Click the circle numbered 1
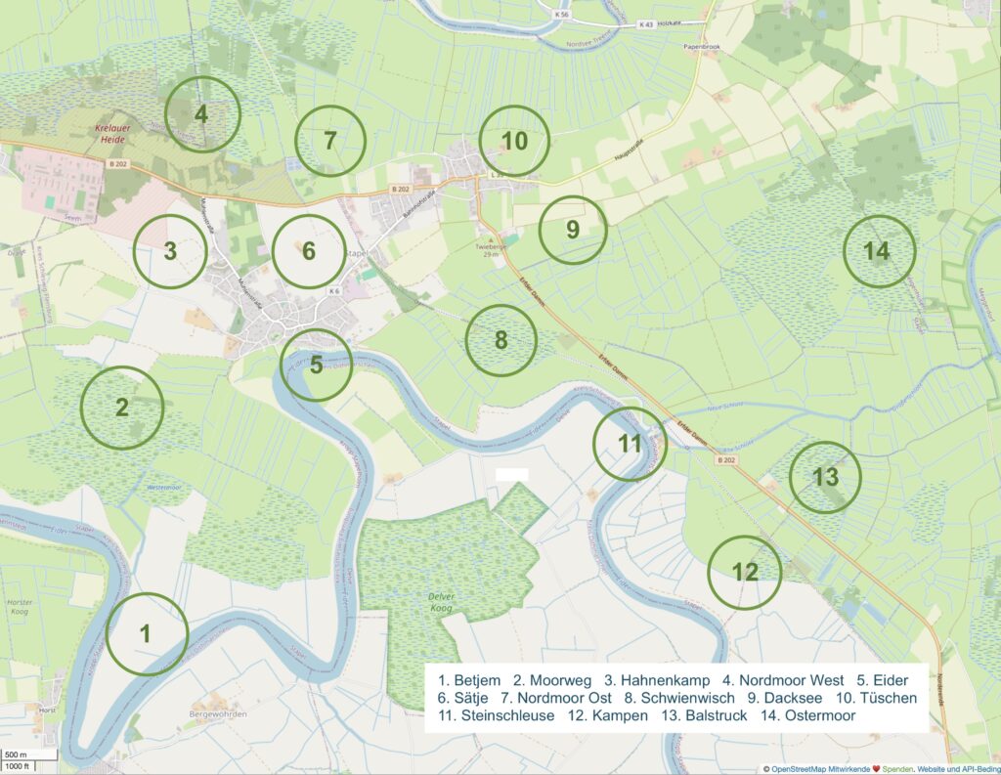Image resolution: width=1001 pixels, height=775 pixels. pos(146,633)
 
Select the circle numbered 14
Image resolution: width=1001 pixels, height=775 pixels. pos(878,251)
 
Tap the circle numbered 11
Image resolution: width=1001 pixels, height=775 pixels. pos(631,444)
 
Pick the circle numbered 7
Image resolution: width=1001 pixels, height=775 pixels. pos(330,141)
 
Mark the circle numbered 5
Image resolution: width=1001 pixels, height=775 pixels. pos(316,366)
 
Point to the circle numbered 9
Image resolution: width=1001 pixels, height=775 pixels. pos(573,230)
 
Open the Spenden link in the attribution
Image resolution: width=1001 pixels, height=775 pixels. pos(892,769)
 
